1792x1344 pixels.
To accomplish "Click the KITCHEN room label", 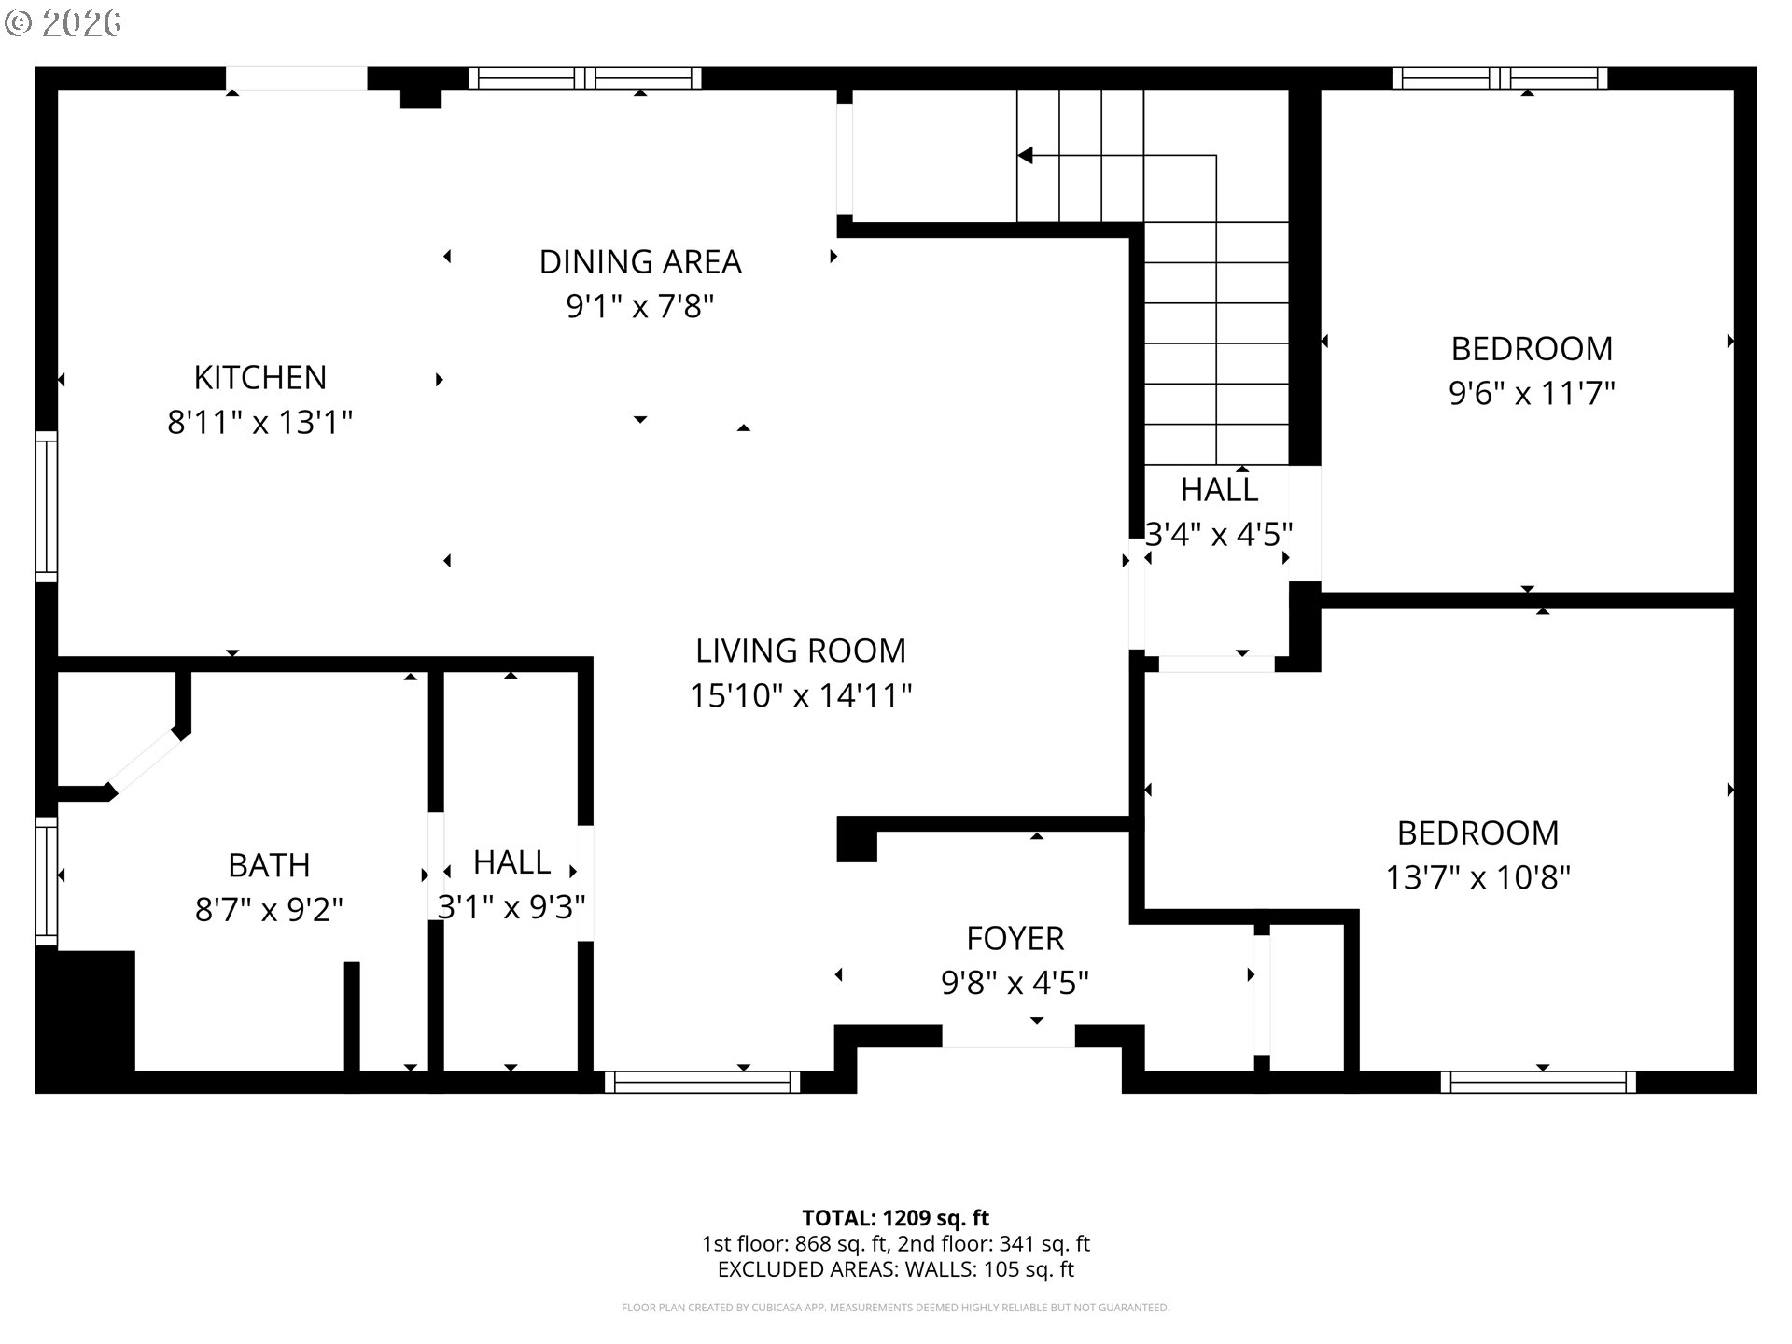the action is tap(260, 378).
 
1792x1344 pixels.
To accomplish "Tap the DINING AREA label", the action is tap(640, 262).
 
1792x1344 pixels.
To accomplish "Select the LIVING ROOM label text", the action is tap(801, 651).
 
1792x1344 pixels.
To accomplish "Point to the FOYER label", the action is tap(1015, 938).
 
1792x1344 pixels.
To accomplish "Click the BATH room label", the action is tap(269, 865).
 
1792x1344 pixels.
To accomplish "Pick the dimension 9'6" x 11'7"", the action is tap(1532, 393).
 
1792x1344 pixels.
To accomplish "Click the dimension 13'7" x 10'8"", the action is tap(1478, 877).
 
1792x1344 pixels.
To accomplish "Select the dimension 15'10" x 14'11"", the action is tap(801, 695).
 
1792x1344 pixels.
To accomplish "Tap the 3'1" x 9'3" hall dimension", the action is tap(511, 906).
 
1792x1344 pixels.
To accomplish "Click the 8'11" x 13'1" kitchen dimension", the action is tap(260, 423).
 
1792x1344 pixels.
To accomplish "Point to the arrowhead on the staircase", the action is tap(1025, 155).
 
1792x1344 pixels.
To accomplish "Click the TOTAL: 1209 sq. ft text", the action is tap(895, 1218).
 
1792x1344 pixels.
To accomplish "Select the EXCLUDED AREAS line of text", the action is tap(895, 1269).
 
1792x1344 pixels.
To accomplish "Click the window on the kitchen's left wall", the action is tap(46, 506).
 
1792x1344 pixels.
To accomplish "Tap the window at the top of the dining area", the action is tap(584, 78).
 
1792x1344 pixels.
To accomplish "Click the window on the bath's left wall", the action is tap(46, 881).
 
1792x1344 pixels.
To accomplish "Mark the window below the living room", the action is tap(702, 1082).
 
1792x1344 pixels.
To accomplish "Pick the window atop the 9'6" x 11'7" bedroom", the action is tap(1500, 78).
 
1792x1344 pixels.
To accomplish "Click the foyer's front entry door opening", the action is tap(1008, 1036).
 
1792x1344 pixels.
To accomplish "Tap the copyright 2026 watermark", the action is tap(63, 23).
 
